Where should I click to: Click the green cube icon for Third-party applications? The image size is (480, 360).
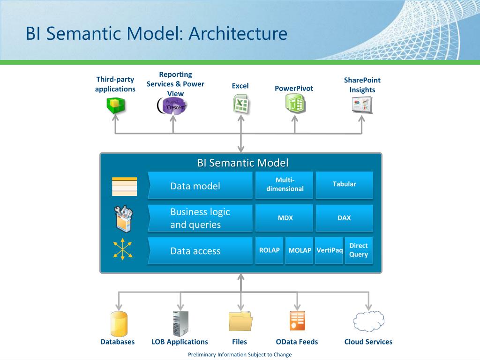(115, 105)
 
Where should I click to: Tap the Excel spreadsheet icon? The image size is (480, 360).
(241, 104)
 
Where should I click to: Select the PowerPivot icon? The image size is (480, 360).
(295, 104)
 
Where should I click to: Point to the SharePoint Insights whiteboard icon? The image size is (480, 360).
(362, 105)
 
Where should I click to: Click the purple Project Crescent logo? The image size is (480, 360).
(172, 105)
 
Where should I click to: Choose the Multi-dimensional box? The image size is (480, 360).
(285, 185)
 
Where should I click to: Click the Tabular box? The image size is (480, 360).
(345, 185)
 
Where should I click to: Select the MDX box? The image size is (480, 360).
(285, 218)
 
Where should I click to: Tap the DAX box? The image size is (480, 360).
(345, 218)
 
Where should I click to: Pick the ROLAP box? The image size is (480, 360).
(270, 250)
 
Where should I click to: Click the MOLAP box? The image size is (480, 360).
(300, 250)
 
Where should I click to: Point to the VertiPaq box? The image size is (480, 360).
(329, 250)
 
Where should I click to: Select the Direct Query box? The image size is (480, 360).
(359, 250)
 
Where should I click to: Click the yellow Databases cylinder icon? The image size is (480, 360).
(119, 324)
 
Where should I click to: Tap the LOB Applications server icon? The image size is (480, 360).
(180, 324)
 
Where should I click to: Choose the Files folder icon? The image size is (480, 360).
(240, 321)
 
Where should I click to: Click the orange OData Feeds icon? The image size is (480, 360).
(297, 321)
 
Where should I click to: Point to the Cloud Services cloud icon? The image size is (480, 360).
(368, 322)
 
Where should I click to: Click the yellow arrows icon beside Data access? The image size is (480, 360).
(123, 249)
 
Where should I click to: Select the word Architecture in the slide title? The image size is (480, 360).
(238, 33)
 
